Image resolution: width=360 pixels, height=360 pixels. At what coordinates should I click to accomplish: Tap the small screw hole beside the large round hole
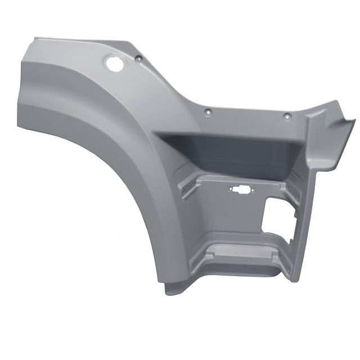pyautogui.click(x=137, y=58)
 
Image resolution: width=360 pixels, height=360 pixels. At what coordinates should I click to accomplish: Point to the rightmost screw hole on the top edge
pyautogui.click(x=286, y=116)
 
